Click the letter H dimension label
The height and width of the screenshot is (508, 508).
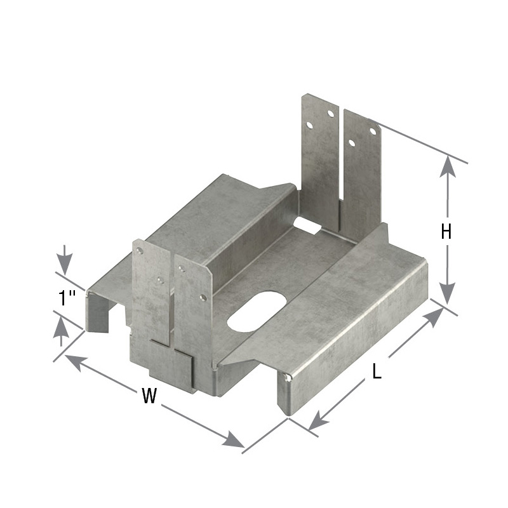coord(446,232)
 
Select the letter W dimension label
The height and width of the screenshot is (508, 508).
coord(149,396)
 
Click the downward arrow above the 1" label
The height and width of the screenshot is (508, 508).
coord(64,262)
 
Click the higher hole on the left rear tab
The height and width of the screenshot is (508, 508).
coord(330,114)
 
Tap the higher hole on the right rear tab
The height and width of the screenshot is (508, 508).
coord(373,131)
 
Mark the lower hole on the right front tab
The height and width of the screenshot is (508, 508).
coord(203,297)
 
